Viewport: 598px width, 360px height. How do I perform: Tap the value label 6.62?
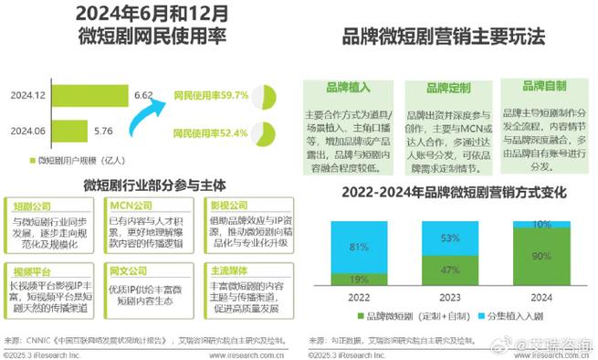tap(142, 95)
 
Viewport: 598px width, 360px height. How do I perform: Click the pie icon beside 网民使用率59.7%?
tap(265, 95)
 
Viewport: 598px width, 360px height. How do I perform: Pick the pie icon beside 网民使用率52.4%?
tap(265, 132)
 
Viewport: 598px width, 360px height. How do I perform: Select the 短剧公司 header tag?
tap(34, 206)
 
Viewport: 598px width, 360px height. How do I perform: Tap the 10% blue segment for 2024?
tap(540, 225)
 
